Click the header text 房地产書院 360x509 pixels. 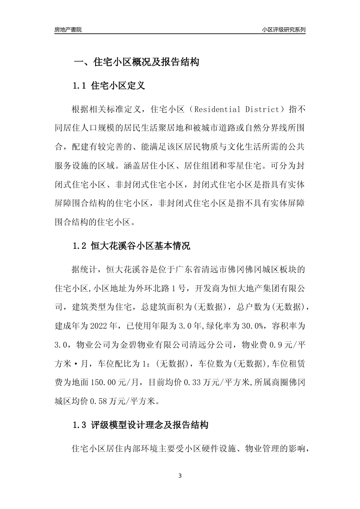(x=68, y=30)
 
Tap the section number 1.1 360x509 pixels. (x=80, y=86)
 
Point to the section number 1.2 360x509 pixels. (x=80, y=247)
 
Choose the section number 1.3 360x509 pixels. (x=80, y=425)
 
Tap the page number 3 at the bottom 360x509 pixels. (x=180, y=476)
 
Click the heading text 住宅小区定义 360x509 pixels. (x=118, y=86)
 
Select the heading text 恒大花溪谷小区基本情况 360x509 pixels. (x=141, y=247)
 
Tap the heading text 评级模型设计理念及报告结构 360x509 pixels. (x=150, y=425)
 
